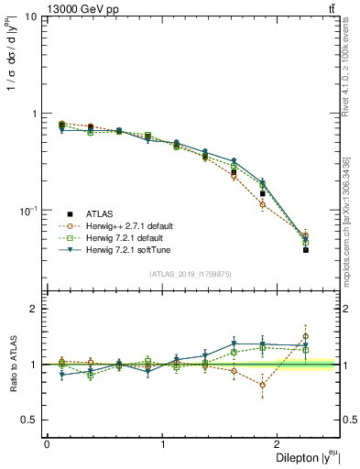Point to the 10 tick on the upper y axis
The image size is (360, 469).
[x=29, y=17]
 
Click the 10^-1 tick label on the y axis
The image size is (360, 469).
[x=27, y=211]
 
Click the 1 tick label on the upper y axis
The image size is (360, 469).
[x=34, y=115]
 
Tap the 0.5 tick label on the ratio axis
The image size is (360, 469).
[x=30, y=420]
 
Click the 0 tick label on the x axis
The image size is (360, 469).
[x=47, y=444]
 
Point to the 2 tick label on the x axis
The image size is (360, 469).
[x=280, y=444]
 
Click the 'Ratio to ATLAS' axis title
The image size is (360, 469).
[x=12, y=365]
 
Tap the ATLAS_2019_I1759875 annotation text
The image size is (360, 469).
[x=189, y=273]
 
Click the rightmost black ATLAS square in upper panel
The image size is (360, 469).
[x=306, y=250]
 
